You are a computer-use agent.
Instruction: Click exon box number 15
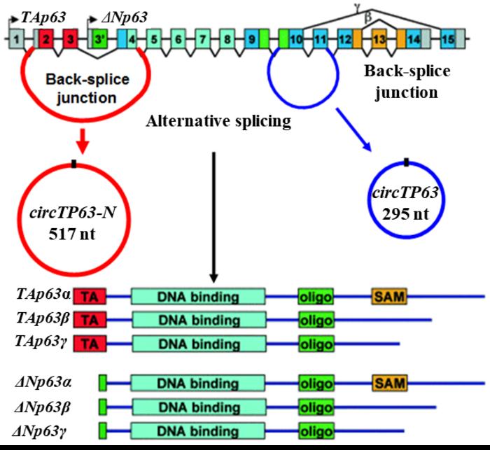point(447,39)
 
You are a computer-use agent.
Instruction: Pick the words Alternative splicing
point(217,122)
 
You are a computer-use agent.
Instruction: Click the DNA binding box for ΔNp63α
point(198,383)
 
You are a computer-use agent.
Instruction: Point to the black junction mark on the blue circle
point(406,162)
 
